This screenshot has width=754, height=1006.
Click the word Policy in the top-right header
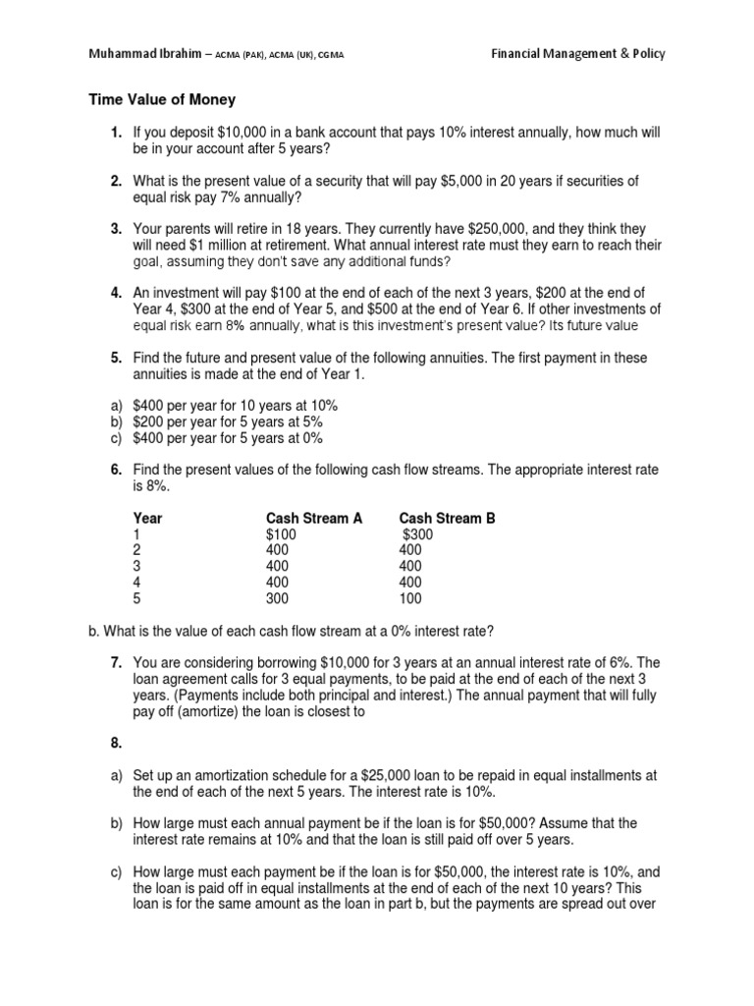tap(642, 54)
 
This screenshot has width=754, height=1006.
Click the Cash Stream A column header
tap(313, 518)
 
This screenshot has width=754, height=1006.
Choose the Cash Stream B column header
tap(447, 518)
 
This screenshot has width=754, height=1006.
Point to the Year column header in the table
tap(148, 518)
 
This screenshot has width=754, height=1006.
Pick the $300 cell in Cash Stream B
tap(417, 534)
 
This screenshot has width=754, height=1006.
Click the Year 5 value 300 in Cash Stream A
tap(278, 597)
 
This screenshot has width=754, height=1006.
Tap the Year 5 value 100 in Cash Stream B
tap(411, 597)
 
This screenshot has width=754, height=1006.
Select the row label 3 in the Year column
tap(137, 566)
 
